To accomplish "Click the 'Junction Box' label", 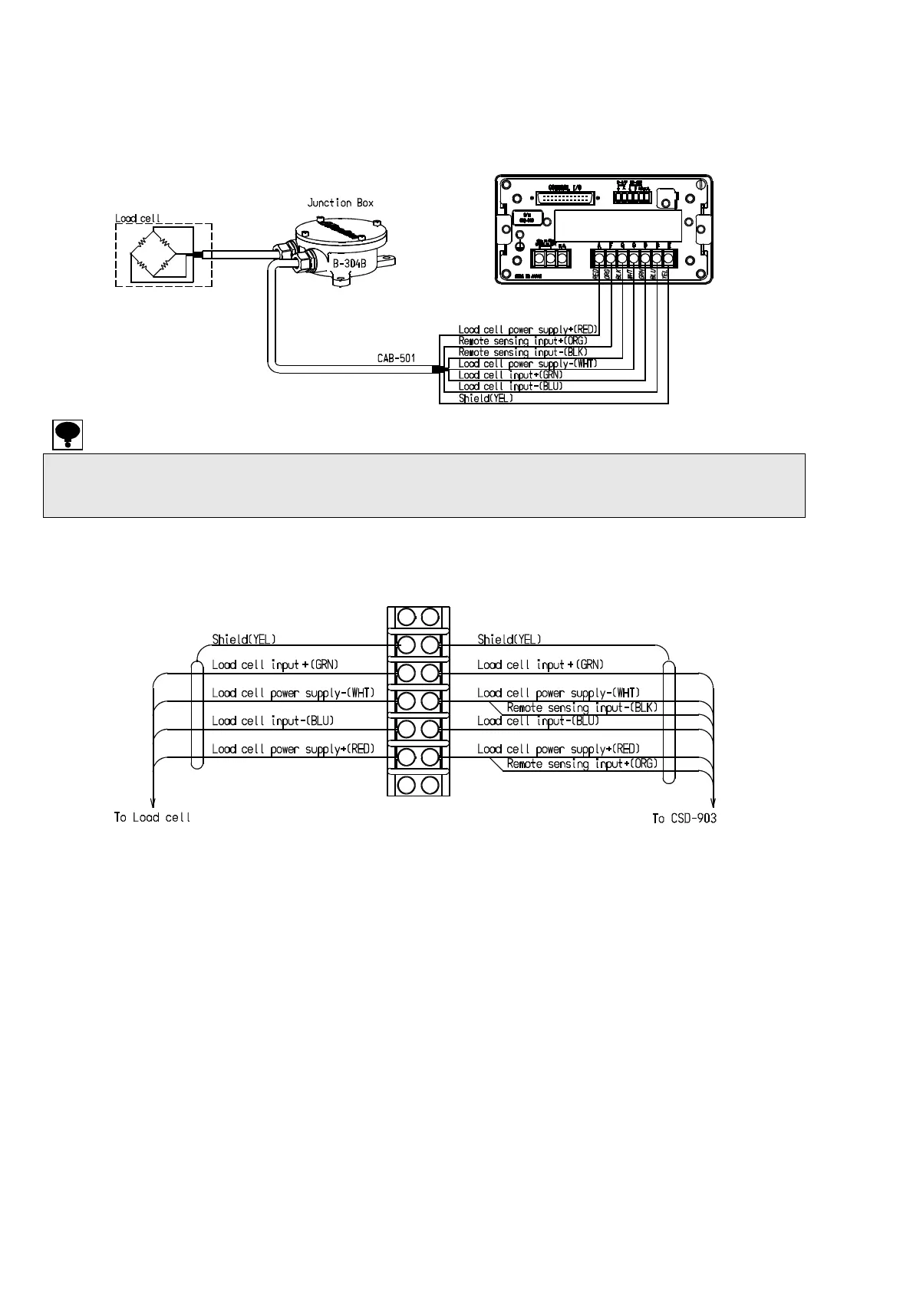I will pos(340,203).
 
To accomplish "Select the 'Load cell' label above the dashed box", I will pos(138,219).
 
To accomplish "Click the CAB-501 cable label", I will pos(396,358).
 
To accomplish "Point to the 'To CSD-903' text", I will pos(684,819).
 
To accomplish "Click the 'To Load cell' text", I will pos(152,818).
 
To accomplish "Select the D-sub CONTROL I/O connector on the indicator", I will pos(563,197).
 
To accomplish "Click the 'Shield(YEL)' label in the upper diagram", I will pos(486,398).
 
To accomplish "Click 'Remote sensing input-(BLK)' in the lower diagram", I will pos(582,707).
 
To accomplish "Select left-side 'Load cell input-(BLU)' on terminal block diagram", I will pos(272,721).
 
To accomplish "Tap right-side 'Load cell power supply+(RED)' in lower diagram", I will pos(558,749).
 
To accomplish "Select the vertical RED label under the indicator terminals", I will pos(595,273).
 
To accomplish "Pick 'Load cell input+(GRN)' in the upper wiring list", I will pos(510,375).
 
